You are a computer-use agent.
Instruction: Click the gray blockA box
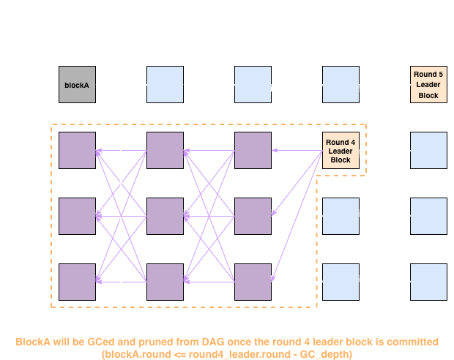point(77,84)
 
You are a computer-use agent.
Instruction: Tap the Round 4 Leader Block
point(341,150)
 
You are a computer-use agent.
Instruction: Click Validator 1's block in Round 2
point(165,84)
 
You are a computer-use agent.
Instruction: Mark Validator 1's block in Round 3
point(253,84)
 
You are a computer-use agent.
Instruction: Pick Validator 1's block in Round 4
point(341,84)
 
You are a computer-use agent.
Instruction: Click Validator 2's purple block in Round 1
point(77,150)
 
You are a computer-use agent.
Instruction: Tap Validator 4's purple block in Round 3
point(253,282)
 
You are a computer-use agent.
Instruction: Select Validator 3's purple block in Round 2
point(165,216)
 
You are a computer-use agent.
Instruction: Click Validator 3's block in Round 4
point(341,216)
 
